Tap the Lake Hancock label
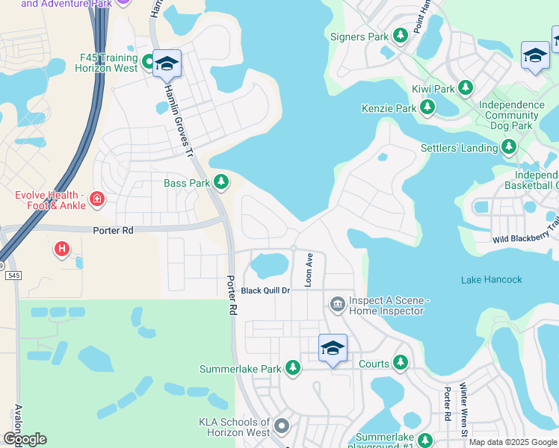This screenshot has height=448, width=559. (492, 279)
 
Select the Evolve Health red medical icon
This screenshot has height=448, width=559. (96, 199)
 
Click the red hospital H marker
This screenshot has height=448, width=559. (62, 248)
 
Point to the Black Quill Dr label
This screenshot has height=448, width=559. (265, 290)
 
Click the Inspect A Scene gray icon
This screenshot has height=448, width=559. (336, 304)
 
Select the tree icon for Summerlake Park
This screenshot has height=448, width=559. (293, 368)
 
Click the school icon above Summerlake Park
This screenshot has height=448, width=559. (333, 348)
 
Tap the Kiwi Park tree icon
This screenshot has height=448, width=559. (466, 89)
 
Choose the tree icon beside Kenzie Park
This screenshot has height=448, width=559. (427, 108)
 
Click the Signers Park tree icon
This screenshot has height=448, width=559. (400, 36)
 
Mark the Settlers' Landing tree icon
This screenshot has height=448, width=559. (509, 147)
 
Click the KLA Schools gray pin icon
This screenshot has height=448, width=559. (281, 426)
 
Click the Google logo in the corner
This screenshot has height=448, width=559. (25, 438)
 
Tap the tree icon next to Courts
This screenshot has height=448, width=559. (401, 364)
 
